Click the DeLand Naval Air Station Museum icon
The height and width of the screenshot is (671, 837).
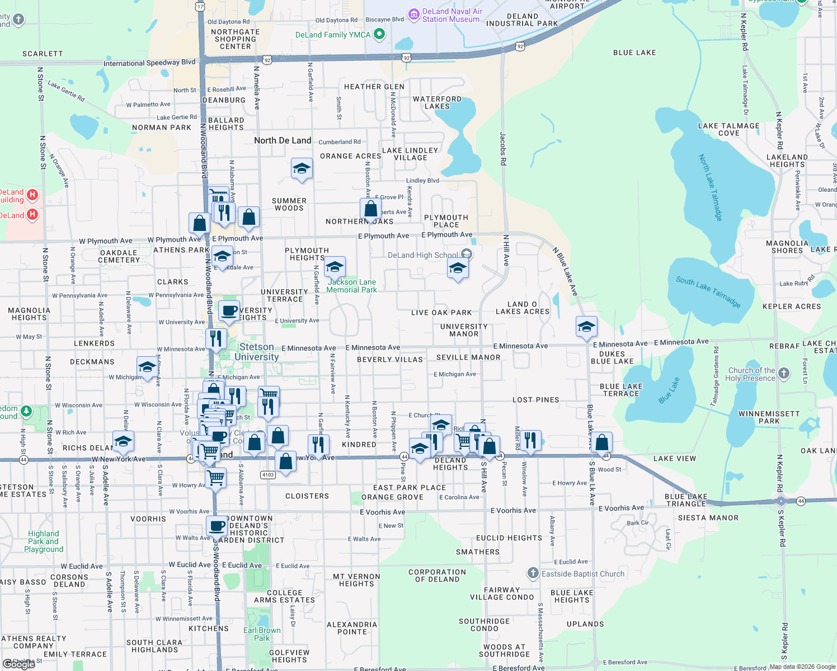click(414, 13)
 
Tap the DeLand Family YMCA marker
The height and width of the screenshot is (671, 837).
click(379, 35)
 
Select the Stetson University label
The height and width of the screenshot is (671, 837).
click(257, 352)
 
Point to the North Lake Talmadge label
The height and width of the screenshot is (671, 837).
click(711, 187)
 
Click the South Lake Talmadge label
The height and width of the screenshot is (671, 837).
click(708, 291)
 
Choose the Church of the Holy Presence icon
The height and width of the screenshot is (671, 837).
click(784, 374)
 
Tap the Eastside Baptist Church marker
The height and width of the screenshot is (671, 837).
click(533, 573)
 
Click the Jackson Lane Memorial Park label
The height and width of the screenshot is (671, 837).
click(351, 286)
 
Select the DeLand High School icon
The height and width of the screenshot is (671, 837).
click(467, 255)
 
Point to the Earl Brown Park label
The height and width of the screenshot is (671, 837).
click(262, 634)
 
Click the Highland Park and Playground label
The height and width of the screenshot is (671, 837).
click(44, 541)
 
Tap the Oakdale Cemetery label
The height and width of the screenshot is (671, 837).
click(119, 256)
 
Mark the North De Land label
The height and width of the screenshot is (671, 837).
click(283, 140)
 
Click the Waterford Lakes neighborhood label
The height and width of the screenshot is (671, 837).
click(437, 102)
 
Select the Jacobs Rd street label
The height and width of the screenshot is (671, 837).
click(502, 148)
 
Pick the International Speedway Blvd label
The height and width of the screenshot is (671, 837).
click(149, 63)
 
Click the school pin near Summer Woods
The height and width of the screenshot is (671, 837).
click(302, 168)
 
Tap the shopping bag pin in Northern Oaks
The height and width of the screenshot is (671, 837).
click(370, 210)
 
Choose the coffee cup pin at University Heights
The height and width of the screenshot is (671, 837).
click(229, 311)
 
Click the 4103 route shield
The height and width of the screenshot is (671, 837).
click(268, 475)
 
